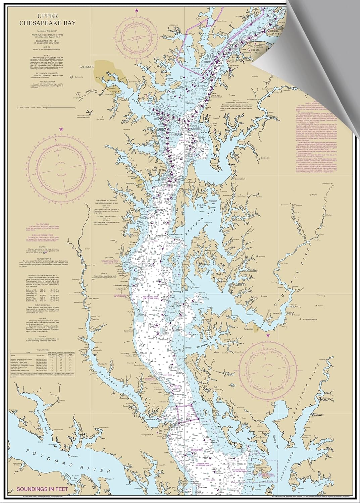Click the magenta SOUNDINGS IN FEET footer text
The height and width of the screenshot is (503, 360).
[x=40, y=489]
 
